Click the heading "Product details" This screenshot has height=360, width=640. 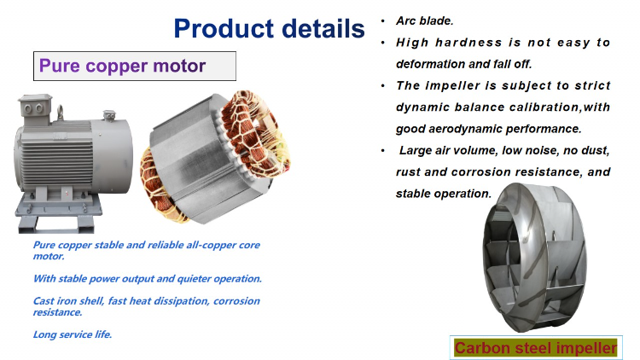point(269,28)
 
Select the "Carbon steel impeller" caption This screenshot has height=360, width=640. point(535,347)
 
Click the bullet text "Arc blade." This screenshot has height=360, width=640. point(423,20)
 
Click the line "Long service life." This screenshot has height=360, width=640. point(73,334)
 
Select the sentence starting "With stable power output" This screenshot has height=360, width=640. point(147,278)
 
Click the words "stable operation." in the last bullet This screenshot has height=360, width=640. point(445,194)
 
